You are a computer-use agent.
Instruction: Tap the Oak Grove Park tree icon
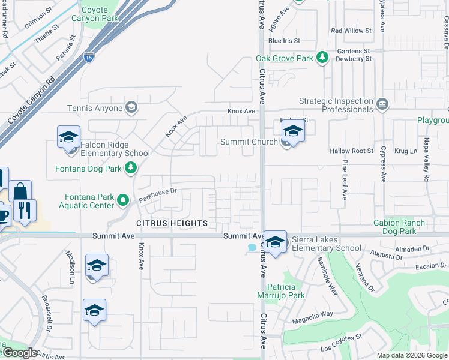pyautogui.click(x=323, y=58)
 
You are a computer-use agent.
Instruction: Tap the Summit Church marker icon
pyautogui.click(x=286, y=143)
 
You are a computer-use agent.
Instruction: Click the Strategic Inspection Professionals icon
pyautogui.click(x=381, y=105)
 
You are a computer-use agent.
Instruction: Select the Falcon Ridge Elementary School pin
pyautogui.click(x=68, y=137)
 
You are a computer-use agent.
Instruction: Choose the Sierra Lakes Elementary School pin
pyautogui.click(x=276, y=242)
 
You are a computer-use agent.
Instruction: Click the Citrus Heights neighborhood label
pyautogui.click(x=172, y=223)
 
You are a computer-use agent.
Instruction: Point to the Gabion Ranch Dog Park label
pyautogui.click(x=399, y=227)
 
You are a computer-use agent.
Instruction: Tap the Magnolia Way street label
pyautogui.click(x=312, y=317)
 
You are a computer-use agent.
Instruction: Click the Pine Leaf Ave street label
pyautogui.click(x=344, y=179)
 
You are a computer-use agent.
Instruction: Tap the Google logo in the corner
pyautogui.click(x=20, y=353)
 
